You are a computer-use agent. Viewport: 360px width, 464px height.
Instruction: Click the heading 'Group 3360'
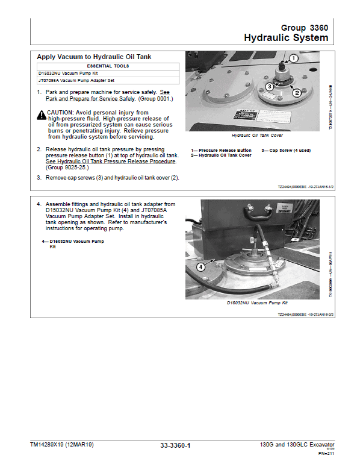[x=305, y=28]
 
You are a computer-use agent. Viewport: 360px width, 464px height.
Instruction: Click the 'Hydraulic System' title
[x=286, y=38]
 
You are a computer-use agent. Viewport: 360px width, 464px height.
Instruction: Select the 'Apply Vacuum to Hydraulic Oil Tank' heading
[x=94, y=57]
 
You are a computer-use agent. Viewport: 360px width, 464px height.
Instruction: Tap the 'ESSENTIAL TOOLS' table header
[x=108, y=66]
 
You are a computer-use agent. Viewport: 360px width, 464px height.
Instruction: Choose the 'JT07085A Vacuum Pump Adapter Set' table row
[x=76, y=80]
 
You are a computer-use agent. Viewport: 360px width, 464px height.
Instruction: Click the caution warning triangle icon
[x=41, y=114]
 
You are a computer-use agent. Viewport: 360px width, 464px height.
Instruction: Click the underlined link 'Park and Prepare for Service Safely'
[x=81, y=98]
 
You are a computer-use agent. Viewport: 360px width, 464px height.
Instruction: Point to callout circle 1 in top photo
[x=293, y=58]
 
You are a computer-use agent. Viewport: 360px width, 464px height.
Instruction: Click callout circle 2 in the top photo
[x=297, y=93]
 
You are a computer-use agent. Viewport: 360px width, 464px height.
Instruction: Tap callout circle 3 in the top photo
[x=270, y=87]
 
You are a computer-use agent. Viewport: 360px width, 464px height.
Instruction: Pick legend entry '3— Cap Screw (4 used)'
[x=287, y=150]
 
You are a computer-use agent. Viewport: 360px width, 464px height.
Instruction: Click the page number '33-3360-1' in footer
[x=175, y=445]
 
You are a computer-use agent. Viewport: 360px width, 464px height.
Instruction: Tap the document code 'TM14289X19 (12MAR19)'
[x=62, y=445]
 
